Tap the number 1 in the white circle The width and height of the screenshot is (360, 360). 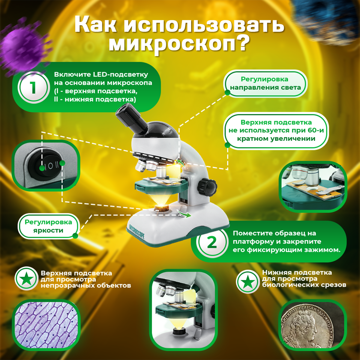point(34,88)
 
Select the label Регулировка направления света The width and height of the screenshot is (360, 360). point(265,83)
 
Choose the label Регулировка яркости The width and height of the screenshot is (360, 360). point(48,226)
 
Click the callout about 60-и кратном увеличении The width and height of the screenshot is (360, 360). point(276,130)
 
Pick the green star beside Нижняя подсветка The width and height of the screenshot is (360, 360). point(248,281)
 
